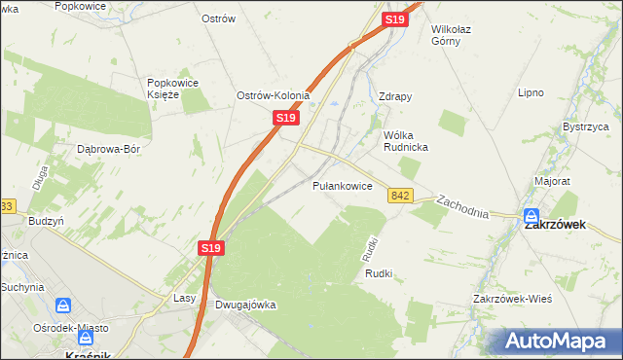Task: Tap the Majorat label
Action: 551,181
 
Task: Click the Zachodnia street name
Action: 462,205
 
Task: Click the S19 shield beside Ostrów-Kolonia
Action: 284,117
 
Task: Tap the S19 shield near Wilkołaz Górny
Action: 394,19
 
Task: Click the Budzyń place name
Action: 47,221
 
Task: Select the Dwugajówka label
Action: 244,305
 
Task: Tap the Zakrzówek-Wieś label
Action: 512,298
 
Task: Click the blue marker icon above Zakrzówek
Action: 531,217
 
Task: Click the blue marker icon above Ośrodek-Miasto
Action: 64,306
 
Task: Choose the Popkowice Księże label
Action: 172,89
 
